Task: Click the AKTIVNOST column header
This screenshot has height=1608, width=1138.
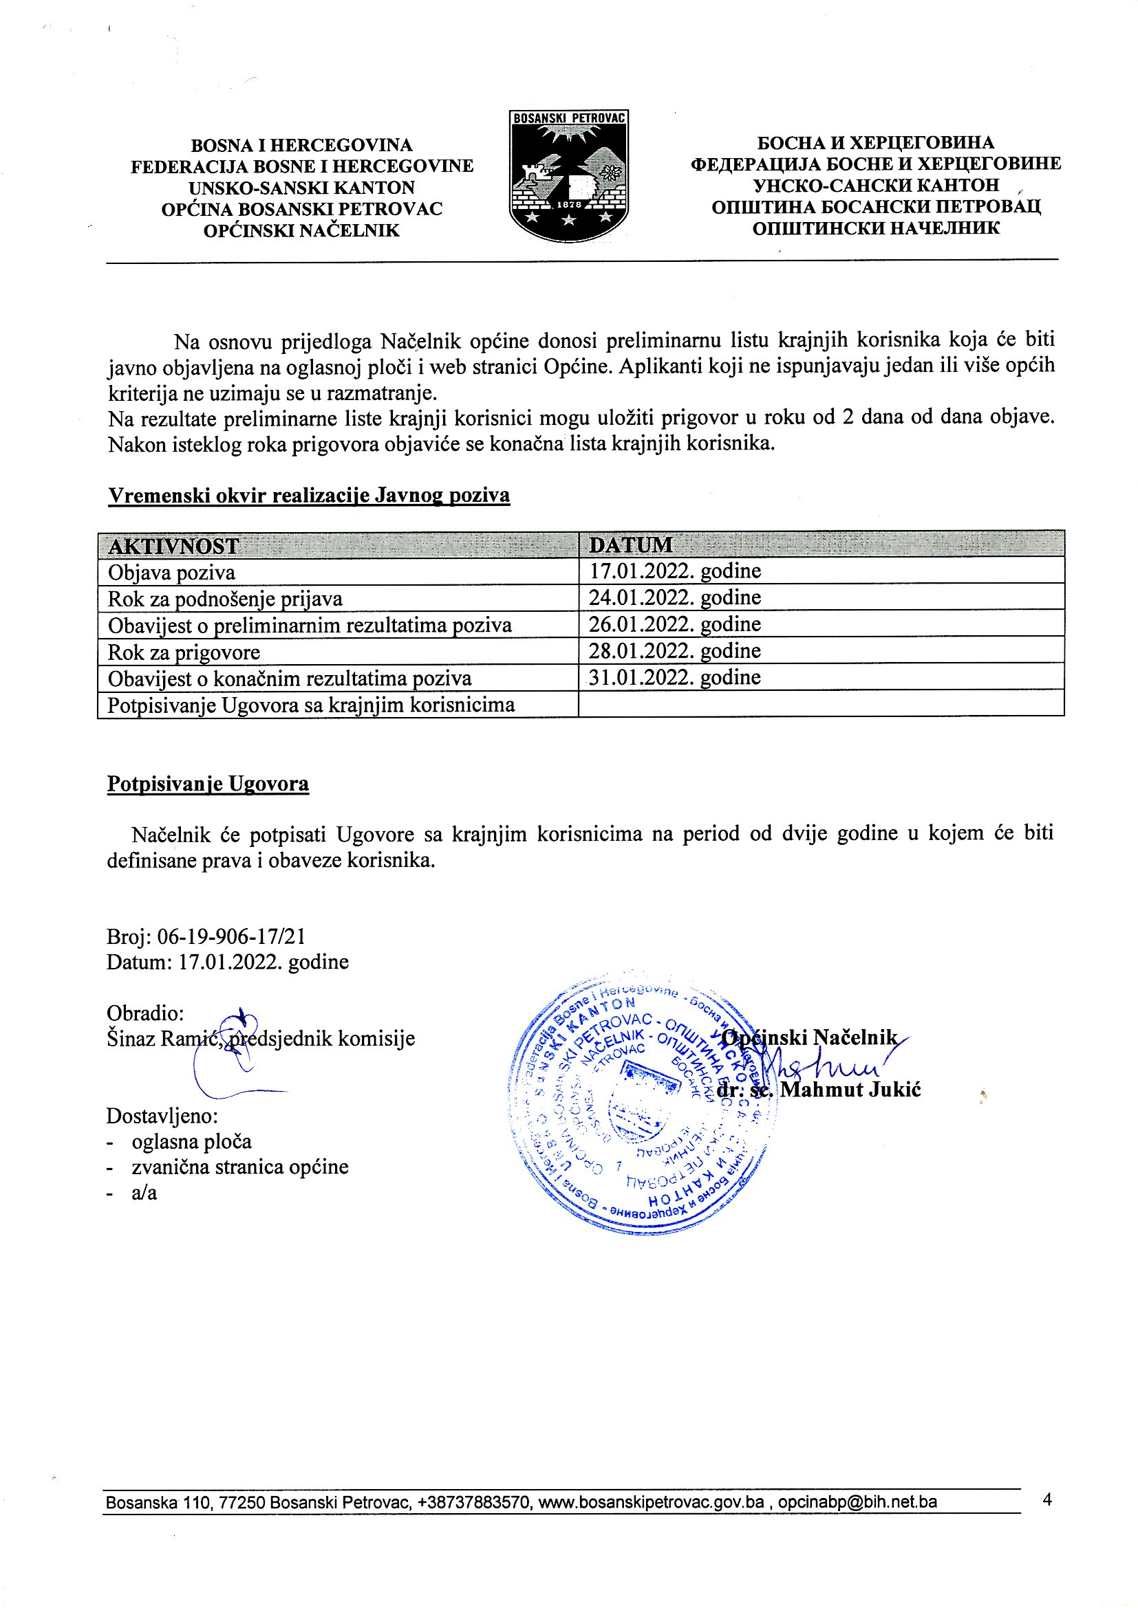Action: coord(173,546)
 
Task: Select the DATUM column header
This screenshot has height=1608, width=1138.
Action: coord(630,545)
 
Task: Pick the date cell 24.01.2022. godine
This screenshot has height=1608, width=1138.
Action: coord(674,597)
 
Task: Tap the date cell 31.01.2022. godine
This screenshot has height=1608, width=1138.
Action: coord(674,677)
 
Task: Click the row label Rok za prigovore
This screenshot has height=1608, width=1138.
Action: coord(184,652)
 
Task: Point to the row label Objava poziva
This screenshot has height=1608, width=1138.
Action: coord(171,572)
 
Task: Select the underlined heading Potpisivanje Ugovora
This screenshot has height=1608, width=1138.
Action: coord(207,783)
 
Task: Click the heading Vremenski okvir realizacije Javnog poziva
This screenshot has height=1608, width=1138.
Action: coord(308,495)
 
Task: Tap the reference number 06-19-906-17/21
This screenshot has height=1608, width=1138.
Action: coord(230,936)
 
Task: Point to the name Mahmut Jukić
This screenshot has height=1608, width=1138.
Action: coord(850,1090)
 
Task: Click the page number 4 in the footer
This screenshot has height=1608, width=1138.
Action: coord(1047,1499)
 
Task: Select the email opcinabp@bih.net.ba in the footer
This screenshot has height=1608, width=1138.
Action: coord(857,1501)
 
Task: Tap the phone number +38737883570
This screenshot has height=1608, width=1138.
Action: coord(475,1501)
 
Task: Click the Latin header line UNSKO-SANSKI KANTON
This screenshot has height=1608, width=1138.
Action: coord(301,188)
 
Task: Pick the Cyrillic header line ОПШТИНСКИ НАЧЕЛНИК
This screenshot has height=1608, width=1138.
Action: coord(875,228)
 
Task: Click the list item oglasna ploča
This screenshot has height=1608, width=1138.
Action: coord(191,1142)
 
